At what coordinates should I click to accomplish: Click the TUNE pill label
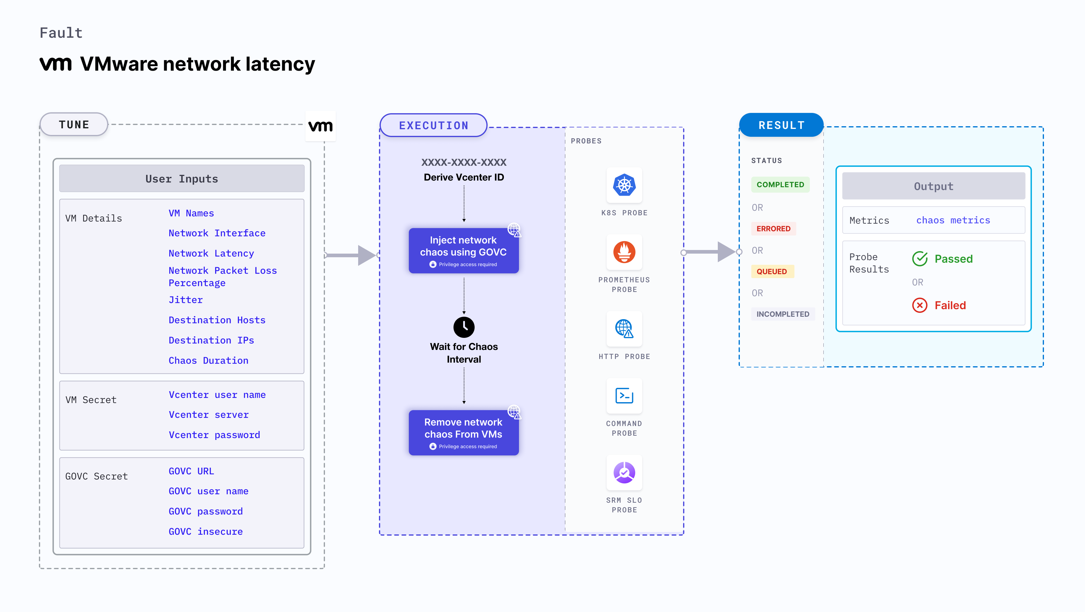click(x=74, y=125)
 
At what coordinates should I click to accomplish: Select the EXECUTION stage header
click(x=433, y=126)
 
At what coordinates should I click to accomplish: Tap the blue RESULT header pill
click(x=781, y=125)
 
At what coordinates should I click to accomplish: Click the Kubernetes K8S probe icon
click(x=624, y=185)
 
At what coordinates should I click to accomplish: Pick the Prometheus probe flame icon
click(x=624, y=252)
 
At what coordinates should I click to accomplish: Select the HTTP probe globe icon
click(x=624, y=328)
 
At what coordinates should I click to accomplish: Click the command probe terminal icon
click(x=624, y=396)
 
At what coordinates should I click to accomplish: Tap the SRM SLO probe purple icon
click(x=624, y=473)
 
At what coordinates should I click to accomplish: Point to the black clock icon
click(x=464, y=327)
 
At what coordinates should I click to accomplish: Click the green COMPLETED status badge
click(x=780, y=184)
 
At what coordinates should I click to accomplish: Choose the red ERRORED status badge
click(x=773, y=229)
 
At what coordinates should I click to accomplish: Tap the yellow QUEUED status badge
click(x=772, y=271)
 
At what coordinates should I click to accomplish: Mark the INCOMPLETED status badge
click(x=783, y=314)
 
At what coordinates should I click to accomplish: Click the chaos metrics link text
click(x=953, y=220)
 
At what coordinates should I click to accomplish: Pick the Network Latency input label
click(x=211, y=253)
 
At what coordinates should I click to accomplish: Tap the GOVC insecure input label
click(x=205, y=531)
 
